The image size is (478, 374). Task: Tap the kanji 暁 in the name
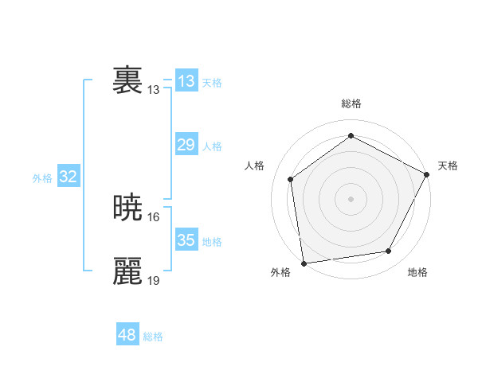tap(128, 208)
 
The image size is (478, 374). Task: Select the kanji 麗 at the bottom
tap(128, 271)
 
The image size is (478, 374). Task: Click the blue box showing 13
tap(186, 81)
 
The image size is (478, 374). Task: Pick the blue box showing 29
tap(186, 145)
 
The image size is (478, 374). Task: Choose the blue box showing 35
tap(186, 240)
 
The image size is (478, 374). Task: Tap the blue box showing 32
tap(68, 177)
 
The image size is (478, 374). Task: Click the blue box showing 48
tap(127, 335)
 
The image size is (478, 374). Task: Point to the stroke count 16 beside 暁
tap(155, 216)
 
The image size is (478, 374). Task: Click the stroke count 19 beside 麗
tap(155, 280)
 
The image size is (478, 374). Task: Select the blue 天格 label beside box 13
tap(212, 83)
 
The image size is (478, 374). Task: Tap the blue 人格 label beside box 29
tap(212, 146)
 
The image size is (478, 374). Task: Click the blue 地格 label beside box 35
tap(212, 242)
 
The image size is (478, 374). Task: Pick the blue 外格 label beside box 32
tap(42, 179)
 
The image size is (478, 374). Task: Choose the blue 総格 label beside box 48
tap(153, 337)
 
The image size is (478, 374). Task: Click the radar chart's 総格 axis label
tap(351, 103)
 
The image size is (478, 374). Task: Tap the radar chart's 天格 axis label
tap(448, 166)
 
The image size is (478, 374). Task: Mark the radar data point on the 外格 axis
tap(304, 263)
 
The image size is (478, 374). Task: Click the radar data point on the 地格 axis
tap(389, 251)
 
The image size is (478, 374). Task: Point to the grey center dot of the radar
tap(351, 198)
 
